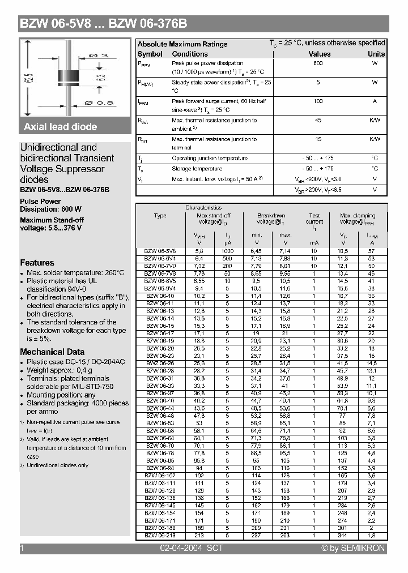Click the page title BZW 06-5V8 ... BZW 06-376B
click(104, 24)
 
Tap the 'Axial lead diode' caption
click(61, 127)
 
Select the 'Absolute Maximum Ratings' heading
click(182, 44)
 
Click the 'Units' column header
click(376, 54)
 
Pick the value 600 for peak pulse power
click(318, 63)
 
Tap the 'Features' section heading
click(37, 263)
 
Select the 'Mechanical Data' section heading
click(52, 352)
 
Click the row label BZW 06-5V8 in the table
click(160, 251)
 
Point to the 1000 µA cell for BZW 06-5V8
click(227, 251)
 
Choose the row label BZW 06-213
click(160, 535)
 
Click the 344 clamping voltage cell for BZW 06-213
click(342, 535)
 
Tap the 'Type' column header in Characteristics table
click(160, 216)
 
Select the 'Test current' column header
click(314, 219)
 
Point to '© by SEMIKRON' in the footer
click(352, 548)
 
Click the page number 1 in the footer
click(22, 548)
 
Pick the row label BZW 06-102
click(160, 476)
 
